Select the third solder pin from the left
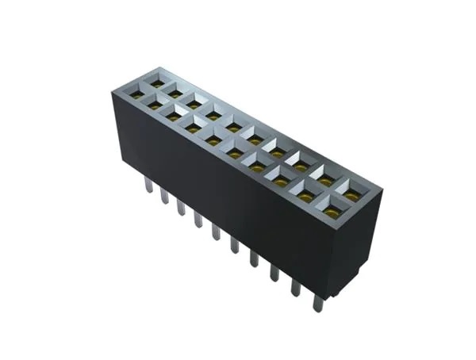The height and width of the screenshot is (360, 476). [x=180, y=207]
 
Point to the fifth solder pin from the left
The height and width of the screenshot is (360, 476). [x=215, y=232]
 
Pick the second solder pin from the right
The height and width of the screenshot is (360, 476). [x=295, y=287]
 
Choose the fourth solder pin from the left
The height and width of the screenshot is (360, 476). [x=197, y=219]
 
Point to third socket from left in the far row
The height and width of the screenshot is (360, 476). [x=194, y=103]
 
